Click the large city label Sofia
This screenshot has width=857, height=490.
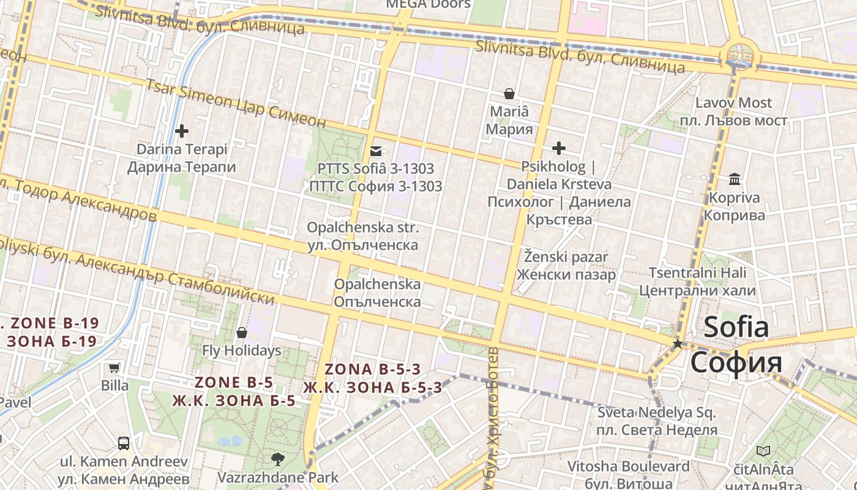(x=736, y=327)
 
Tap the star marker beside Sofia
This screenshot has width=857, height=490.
(x=677, y=344)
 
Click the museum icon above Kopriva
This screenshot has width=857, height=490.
(x=735, y=179)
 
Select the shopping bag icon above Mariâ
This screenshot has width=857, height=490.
(x=509, y=94)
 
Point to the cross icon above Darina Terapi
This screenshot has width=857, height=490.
(x=181, y=130)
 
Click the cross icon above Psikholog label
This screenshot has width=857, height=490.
(x=558, y=148)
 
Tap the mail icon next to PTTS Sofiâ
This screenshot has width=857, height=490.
(x=375, y=151)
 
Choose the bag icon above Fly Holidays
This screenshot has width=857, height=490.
(x=242, y=333)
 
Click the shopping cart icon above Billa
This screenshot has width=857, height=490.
(x=114, y=367)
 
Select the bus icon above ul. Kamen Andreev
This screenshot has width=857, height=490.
(x=123, y=442)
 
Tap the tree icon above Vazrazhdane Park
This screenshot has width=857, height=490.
(x=277, y=459)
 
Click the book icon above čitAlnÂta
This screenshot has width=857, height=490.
(x=763, y=451)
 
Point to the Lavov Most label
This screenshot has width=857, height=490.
(x=734, y=103)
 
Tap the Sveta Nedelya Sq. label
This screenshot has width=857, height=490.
(x=656, y=412)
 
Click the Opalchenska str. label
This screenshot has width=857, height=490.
(x=363, y=227)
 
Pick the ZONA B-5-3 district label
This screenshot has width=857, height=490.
(x=372, y=369)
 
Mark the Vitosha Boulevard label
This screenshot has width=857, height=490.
(x=628, y=467)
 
